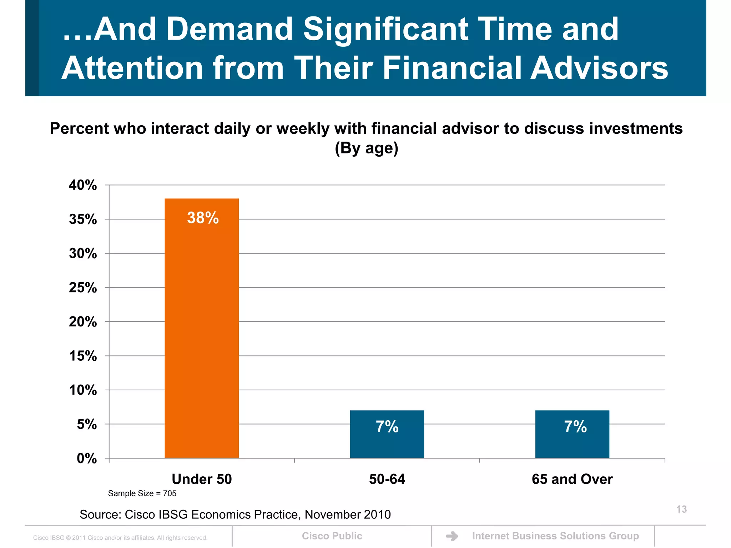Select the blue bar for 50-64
point(387,442)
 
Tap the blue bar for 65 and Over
point(572,442)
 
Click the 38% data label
point(203,218)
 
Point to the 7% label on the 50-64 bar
point(387,427)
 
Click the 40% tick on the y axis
point(83,185)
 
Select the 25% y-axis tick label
point(83,288)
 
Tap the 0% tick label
point(87,458)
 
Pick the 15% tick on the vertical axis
point(83,356)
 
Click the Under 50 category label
point(202,479)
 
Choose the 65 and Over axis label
point(572,479)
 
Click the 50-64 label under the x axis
point(387,479)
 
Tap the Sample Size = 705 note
point(142,493)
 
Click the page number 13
point(681,509)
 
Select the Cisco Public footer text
point(332,536)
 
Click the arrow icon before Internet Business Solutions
point(452,536)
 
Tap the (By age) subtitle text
point(366,148)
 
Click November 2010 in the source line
point(348,514)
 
